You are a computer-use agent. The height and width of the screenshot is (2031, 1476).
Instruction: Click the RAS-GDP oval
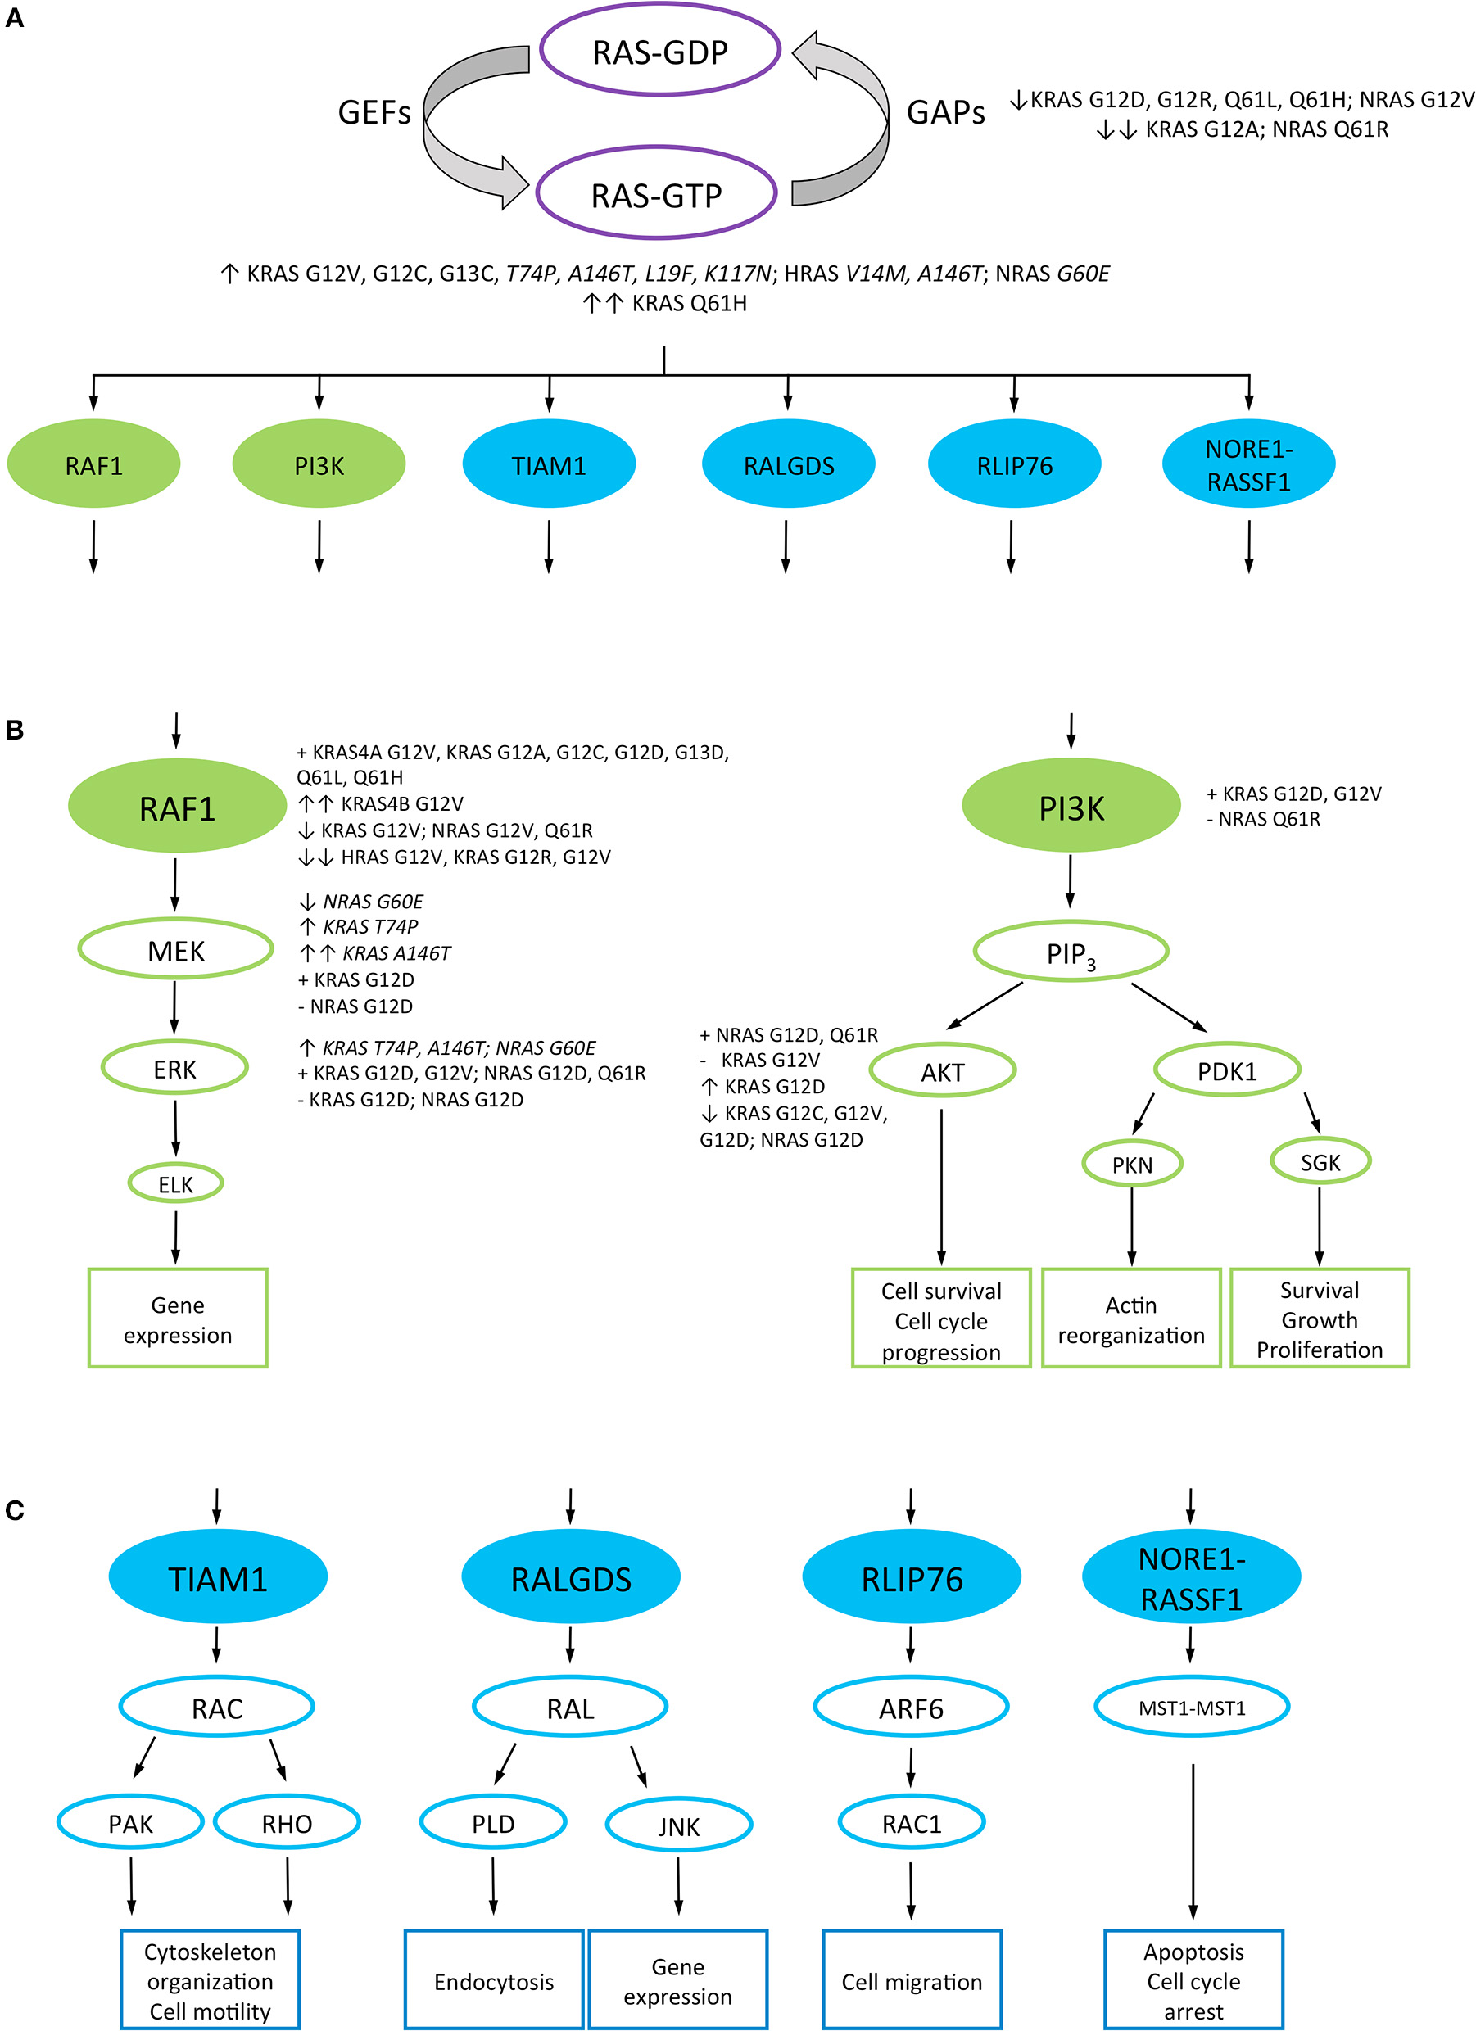[x=660, y=52]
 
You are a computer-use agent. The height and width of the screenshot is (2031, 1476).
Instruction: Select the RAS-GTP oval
[x=656, y=194]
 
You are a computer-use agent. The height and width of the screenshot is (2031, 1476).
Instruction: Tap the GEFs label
[x=374, y=113]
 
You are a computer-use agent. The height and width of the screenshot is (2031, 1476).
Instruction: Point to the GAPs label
[x=945, y=113]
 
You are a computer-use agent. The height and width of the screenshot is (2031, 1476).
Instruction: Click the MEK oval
[x=175, y=950]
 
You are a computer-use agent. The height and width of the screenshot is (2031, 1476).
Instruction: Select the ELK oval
[x=175, y=1184]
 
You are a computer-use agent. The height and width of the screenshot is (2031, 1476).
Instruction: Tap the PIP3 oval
[x=1071, y=952]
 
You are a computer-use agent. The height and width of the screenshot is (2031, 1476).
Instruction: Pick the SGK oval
[x=1320, y=1162]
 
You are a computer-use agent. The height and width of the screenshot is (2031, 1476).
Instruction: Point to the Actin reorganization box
[x=1130, y=1319]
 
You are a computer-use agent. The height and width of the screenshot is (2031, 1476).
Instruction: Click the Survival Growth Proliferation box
[x=1320, y=1319]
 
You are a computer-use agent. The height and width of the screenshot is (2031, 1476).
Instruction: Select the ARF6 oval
[x=911, y=1708]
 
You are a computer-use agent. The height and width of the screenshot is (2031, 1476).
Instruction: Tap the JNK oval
[x=678, y=1826]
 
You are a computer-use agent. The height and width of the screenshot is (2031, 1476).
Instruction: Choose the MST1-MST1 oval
[x=1191, y=1708]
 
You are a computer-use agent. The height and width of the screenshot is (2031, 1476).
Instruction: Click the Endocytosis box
[x=493, y=1981]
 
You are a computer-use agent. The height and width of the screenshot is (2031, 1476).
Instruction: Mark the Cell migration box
[x=911, y=1981]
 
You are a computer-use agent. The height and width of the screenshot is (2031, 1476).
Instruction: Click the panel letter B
[x=14, y=730]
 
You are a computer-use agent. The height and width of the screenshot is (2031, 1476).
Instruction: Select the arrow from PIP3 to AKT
[x=985, y=1006]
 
